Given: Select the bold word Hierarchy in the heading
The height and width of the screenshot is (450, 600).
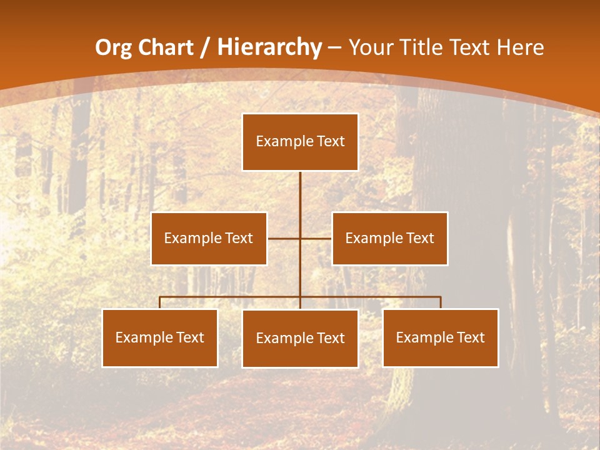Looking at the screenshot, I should point(269,47).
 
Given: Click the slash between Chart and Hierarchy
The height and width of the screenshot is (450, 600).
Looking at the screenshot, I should point(205,48).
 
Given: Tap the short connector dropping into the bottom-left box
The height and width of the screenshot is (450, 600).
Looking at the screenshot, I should point(160,302).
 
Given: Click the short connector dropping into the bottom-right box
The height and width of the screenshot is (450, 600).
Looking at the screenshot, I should point(441,302).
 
